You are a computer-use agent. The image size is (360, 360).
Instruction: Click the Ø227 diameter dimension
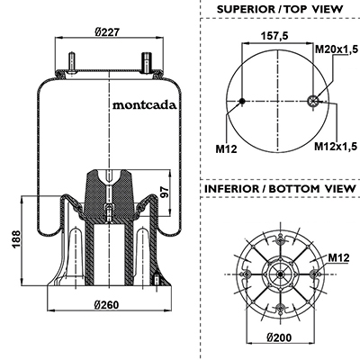point(108,31)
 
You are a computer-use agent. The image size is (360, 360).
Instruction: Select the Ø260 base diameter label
point(106,305)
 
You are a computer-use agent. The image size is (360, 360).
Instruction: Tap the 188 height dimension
point(16,239)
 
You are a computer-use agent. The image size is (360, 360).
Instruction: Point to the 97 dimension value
point(164,192)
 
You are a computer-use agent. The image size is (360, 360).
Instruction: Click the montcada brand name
point(144,105)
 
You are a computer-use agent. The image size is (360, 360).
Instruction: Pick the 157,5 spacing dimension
point(274,36)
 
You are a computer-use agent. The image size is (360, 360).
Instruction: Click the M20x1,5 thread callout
point(337,49)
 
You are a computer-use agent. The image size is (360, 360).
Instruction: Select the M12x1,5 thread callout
point(336,146)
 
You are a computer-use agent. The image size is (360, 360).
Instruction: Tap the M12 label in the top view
point(226,148)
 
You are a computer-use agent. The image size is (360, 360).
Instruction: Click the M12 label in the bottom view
point(338,257)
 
